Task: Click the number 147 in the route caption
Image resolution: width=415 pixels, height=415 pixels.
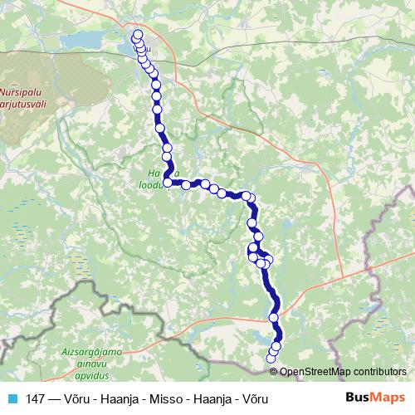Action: pyautogui.click(x=34, y=399)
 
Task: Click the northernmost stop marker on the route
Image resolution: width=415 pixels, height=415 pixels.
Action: pyautogui.click(x=137, y=35)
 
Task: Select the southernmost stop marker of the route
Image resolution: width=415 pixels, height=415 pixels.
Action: pyautogui.click(x=269, y=359)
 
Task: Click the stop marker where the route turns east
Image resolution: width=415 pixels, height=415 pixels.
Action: pyautogui.click(x=168, y=183)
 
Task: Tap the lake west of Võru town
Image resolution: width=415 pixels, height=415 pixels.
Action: pyautogui.click(x=129, y=46)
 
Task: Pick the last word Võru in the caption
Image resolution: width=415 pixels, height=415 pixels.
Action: pyautogui.click(x=254, y=399)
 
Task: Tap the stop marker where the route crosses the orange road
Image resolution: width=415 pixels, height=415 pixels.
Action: pyautogui.click(x=274, y=318)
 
